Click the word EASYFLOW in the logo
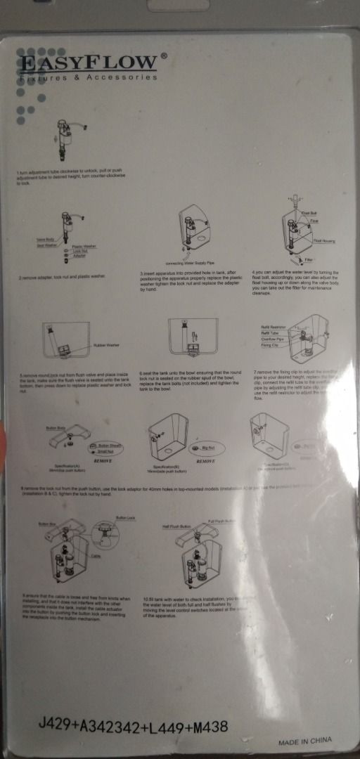(x=88, y=63)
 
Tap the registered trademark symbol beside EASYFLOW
(x=164, y=55)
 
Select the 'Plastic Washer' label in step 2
(x=85, y=247)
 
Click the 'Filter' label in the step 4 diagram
(x=309, y=261)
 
